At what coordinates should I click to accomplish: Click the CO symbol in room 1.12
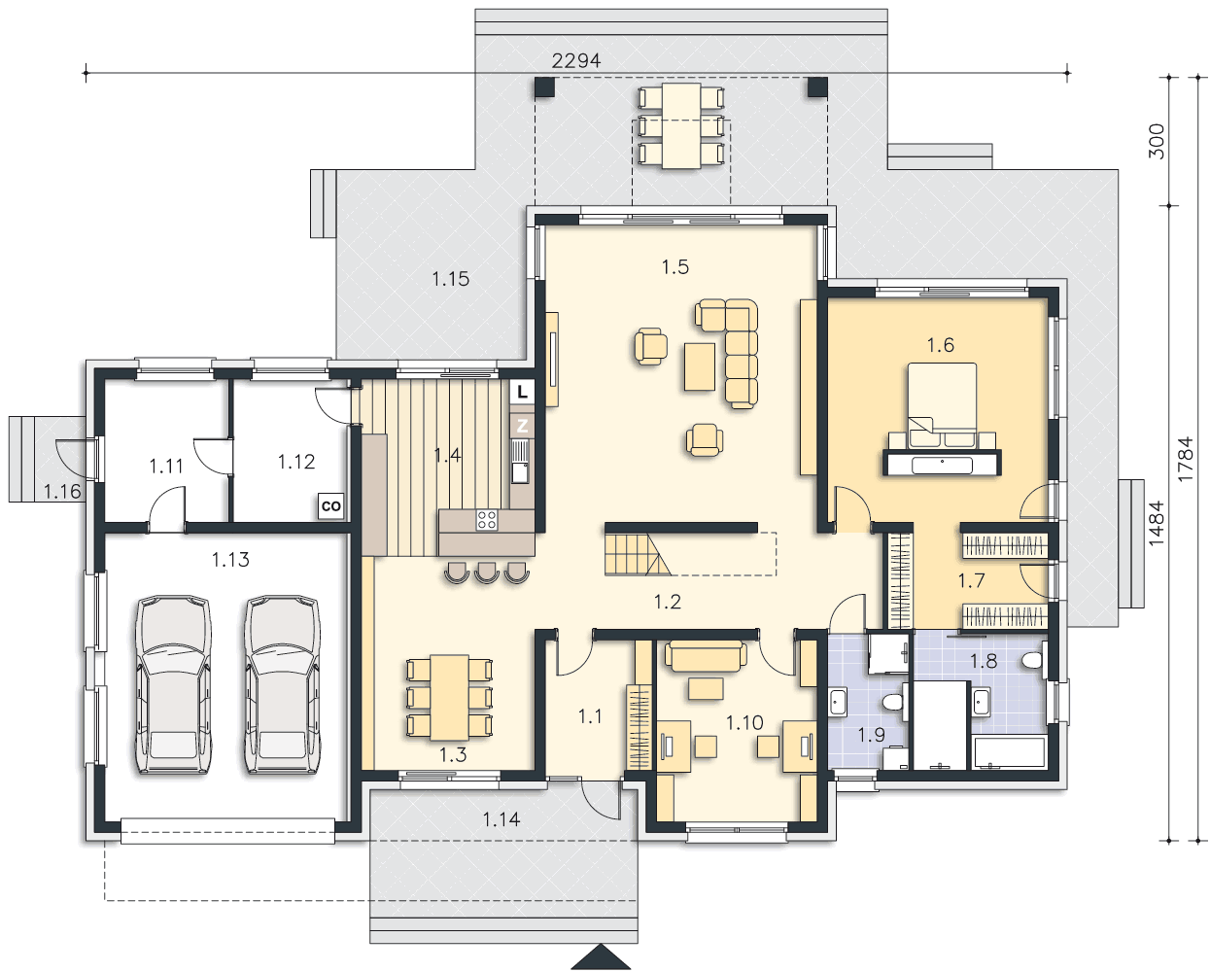(330, 505)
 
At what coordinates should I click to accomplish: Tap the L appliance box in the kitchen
(523, 392)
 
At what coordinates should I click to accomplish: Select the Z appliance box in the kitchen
(522, 426)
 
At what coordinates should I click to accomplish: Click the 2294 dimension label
(576, 60)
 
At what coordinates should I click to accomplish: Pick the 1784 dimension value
(1185, 459)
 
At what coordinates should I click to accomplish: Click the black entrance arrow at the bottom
(601, 956)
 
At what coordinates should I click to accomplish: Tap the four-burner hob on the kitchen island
(486, 520)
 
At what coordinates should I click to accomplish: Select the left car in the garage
(174, 684)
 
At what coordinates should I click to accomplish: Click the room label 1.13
(230, 560)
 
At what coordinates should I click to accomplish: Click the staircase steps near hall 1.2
(638, 555)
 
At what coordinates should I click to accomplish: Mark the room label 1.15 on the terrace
(450, 278)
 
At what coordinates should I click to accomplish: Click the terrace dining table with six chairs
(681, 125)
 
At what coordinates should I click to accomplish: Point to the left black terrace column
(544, 87)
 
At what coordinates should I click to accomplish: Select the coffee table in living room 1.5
(700, 366)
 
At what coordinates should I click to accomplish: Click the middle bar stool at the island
(487, 573)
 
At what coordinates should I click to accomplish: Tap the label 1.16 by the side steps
(62, 492)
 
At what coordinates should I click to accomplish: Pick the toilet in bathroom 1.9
(893, 702)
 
